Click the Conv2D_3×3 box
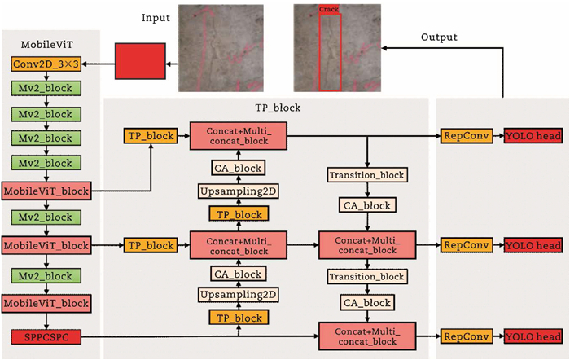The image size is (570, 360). click(46, 64)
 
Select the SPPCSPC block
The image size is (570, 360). click(46, 336)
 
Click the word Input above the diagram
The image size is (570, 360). click(156, 17)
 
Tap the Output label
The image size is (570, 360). click(439, 37)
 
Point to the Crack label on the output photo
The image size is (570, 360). click(329, 9)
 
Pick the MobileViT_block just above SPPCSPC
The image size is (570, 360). click(46, 304)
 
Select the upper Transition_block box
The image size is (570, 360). click(366, 175)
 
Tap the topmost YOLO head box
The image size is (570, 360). click(532, 136)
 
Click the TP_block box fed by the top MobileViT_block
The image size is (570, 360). click(150, 136)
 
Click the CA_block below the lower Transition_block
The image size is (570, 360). click(366, 303)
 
